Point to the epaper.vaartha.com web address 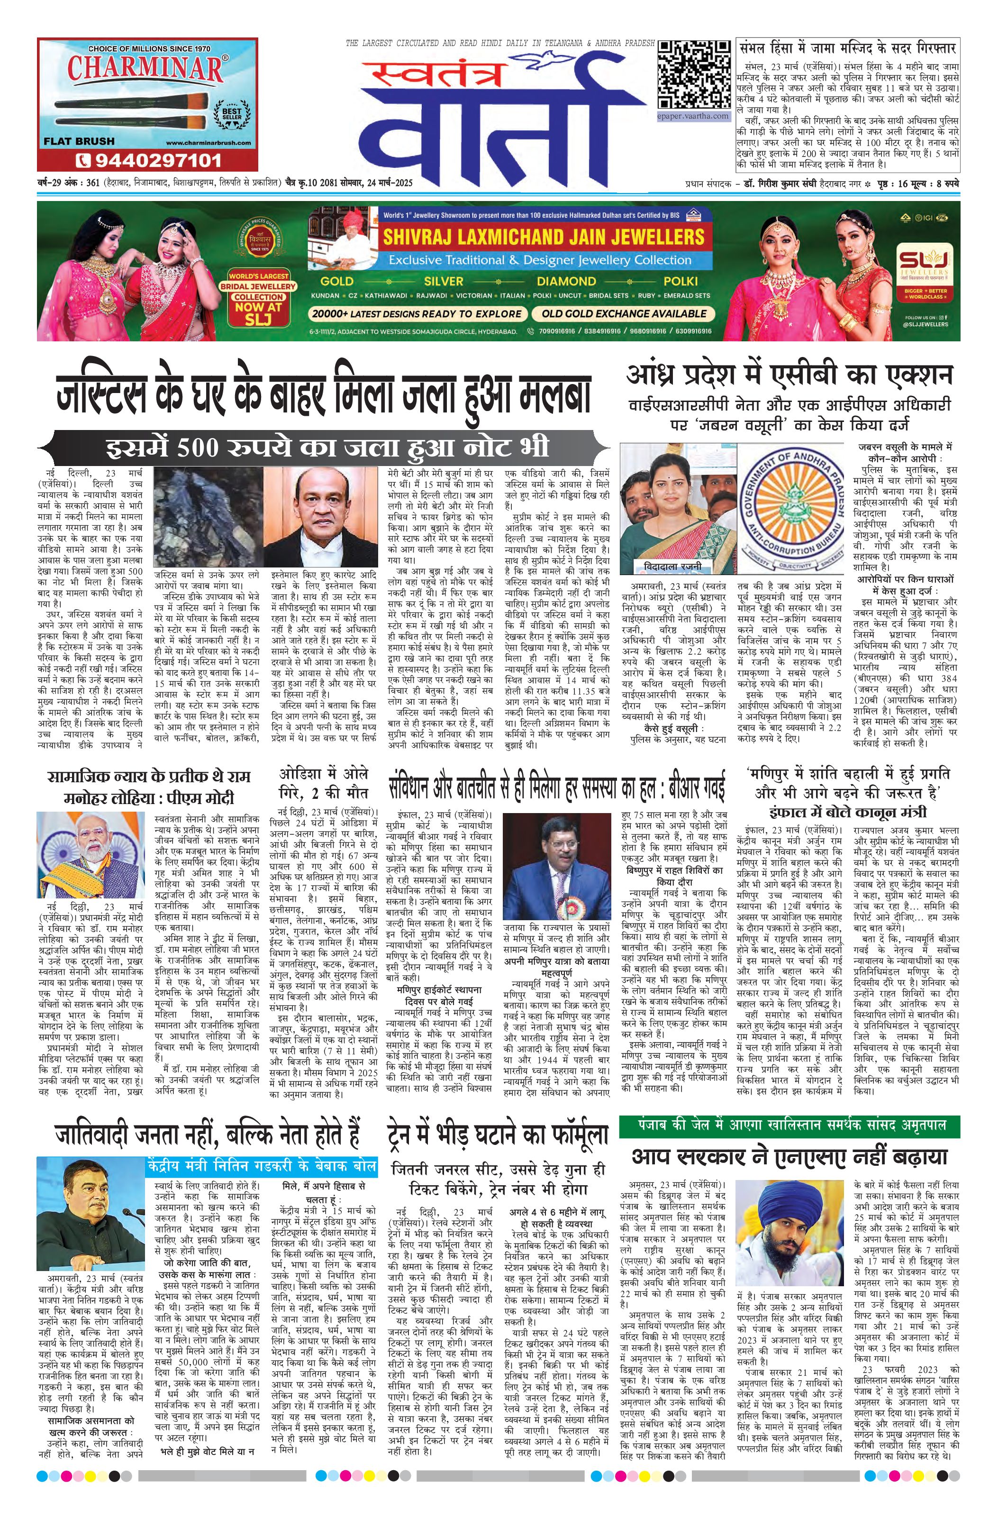694,116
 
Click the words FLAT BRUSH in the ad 79,141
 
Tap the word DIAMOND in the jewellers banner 565,281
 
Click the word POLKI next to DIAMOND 681,281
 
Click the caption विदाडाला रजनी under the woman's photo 667,566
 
